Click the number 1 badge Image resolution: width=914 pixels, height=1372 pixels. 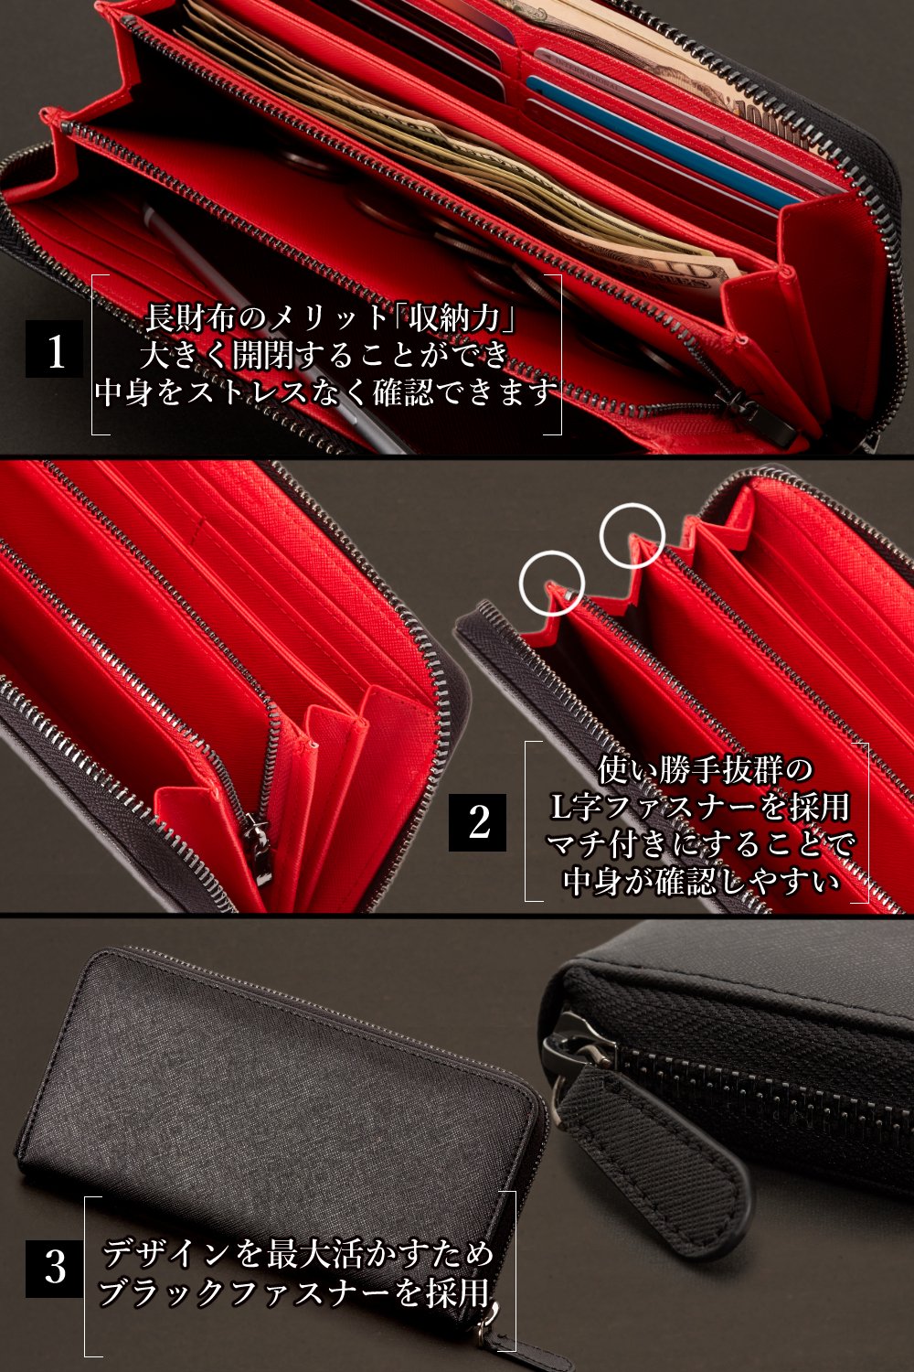pyautogui.click(x=54, y=348)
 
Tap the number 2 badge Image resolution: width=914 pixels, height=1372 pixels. pyautogui.click(x=477, y=822)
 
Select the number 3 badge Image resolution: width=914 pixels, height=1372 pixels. pyautogui.click(x=54, y=1268)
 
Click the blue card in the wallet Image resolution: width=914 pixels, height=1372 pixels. pyautogui.click(x=661, y=142)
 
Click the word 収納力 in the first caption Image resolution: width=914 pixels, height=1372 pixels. pyautogui.click(x=453, y=317)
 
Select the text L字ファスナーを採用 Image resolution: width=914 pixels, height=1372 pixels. pyautogui.click(x=700, y=807)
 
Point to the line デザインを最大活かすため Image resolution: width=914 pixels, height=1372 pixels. pyautogui.click(x=298, y=1253)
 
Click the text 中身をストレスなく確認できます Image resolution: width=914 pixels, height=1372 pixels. pyautogui.click(x=326, y=392)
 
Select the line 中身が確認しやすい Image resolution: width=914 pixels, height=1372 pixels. pyautogui.click(x=702, y=881)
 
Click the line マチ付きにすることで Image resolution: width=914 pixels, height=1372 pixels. pyautogui.click(x=700, y=844)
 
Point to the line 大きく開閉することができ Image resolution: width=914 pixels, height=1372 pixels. pyautogui.click(x=325, y=355)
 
